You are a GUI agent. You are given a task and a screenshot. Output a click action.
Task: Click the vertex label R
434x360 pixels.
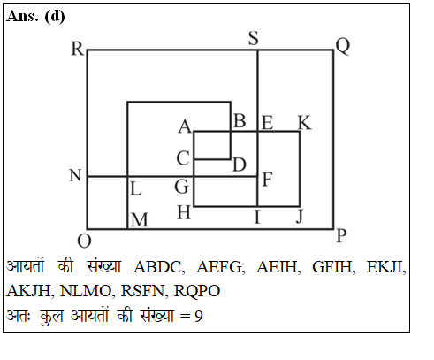tap(78, 49)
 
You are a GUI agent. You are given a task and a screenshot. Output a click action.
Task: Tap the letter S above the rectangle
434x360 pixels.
tap(254, 38)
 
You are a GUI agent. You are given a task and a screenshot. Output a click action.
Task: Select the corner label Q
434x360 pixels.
tap(343, 46)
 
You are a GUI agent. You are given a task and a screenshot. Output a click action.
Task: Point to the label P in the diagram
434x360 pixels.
tap(341, 236)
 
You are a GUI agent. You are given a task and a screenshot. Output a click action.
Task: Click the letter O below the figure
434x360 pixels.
tap(84, 241)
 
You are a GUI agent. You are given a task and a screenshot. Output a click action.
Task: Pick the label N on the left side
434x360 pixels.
tap(75, 175)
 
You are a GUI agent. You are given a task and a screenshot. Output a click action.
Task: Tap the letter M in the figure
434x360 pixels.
tap(140, 220)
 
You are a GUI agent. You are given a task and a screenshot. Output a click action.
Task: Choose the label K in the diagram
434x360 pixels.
tap(305, 123)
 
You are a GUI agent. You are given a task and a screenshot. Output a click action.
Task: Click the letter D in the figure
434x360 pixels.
tap(240, 165)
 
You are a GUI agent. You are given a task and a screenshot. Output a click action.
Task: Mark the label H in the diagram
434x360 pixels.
tap(184, 212)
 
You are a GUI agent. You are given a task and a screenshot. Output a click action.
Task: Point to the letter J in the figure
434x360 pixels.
tap(300, 217)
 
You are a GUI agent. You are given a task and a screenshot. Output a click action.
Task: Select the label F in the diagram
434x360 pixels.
tap(267, 180)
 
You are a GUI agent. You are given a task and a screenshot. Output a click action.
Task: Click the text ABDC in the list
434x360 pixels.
tap(159, 267)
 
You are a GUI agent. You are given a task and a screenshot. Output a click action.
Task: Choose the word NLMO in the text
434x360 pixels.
tap(86, 291)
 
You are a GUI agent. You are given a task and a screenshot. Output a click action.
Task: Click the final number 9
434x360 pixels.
tap(199, 316)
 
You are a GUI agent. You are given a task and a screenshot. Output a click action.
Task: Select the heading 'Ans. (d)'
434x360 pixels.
tap(35, 16)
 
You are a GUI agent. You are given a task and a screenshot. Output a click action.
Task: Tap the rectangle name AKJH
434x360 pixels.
tap(29, 291)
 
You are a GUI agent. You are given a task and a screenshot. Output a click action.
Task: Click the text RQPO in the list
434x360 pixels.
tap(197, 291)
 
